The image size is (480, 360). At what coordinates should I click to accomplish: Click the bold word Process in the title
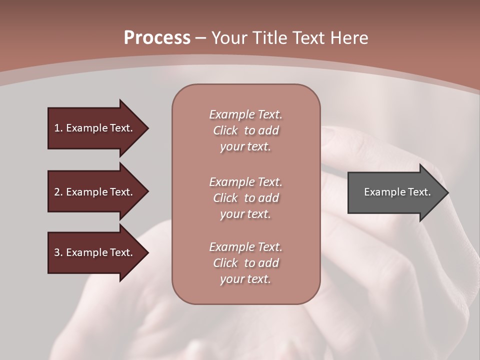pos(157,38)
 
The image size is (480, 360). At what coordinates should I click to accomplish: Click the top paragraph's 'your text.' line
pos(245,147)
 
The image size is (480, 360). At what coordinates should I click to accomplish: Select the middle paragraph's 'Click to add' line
pos(245,198)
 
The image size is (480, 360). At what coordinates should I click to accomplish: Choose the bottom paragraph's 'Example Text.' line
pos(245,247)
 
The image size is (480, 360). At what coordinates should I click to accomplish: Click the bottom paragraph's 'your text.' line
pos(245,279)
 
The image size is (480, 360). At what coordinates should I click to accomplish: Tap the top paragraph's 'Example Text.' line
pos(245,114)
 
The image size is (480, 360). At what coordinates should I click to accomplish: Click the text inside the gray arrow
pos(397,192)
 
